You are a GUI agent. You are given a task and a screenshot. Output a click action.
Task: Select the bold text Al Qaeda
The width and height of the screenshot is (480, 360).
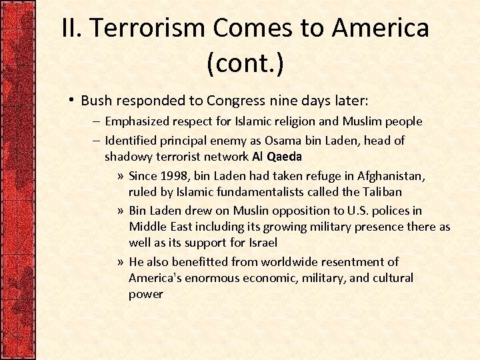277,157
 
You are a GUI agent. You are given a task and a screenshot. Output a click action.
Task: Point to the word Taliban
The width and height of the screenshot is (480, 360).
379,192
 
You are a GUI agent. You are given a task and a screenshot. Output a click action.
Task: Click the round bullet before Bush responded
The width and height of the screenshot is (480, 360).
71,100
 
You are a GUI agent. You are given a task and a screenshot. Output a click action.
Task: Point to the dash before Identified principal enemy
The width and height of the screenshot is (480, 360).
96,141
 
